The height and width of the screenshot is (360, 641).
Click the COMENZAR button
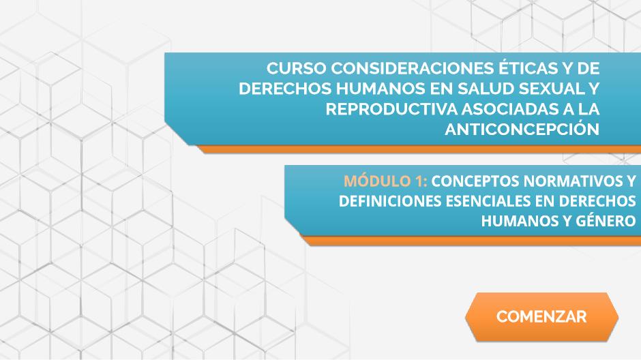541,316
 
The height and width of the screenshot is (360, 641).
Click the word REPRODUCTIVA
391,109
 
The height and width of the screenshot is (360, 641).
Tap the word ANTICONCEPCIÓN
522,129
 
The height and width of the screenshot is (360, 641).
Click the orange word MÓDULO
372,181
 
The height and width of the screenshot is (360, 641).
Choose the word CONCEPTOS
475,181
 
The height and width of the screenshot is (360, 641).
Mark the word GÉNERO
606,221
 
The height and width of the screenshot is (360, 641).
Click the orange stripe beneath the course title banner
419,149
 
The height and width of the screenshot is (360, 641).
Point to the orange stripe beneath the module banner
471,241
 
